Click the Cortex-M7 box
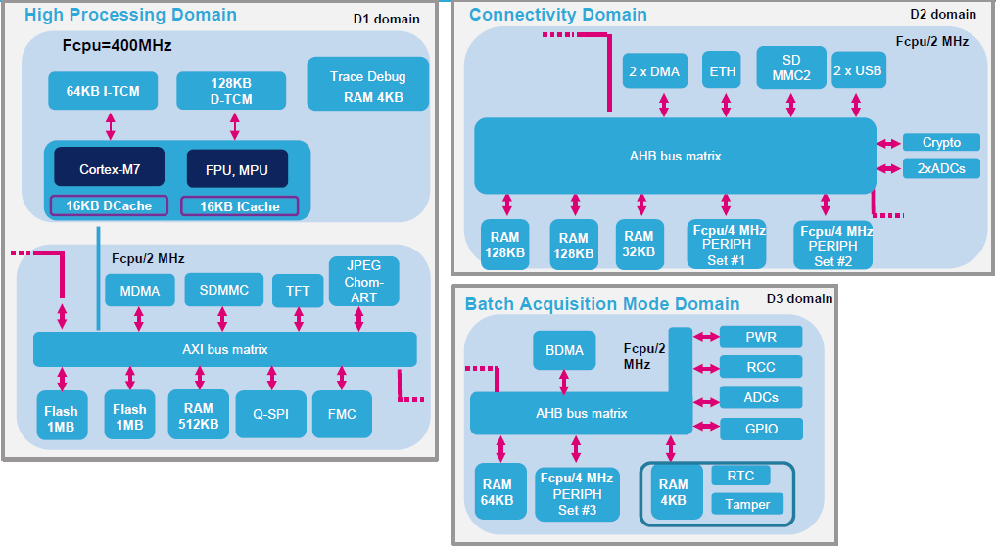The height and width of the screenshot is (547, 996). point(110,169)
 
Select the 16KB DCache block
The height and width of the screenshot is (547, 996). point(110,206)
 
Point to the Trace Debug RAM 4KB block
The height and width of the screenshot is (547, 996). point(367,86)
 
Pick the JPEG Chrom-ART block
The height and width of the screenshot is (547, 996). point(363,281)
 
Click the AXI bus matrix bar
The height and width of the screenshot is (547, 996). point(224,349)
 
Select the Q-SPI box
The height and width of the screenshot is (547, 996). point(270,414)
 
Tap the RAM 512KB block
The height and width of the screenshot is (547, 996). point(198,414)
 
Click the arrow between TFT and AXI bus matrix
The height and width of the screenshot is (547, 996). point(299,319)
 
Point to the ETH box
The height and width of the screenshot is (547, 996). point(725,71)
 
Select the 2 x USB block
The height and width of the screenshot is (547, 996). point(857,71)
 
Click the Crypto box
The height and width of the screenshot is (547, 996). point(940,142)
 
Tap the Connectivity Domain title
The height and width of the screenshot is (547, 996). point(558,15)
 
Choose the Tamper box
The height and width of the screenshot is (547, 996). point(740,504)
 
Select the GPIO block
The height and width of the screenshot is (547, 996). point(761,429)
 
